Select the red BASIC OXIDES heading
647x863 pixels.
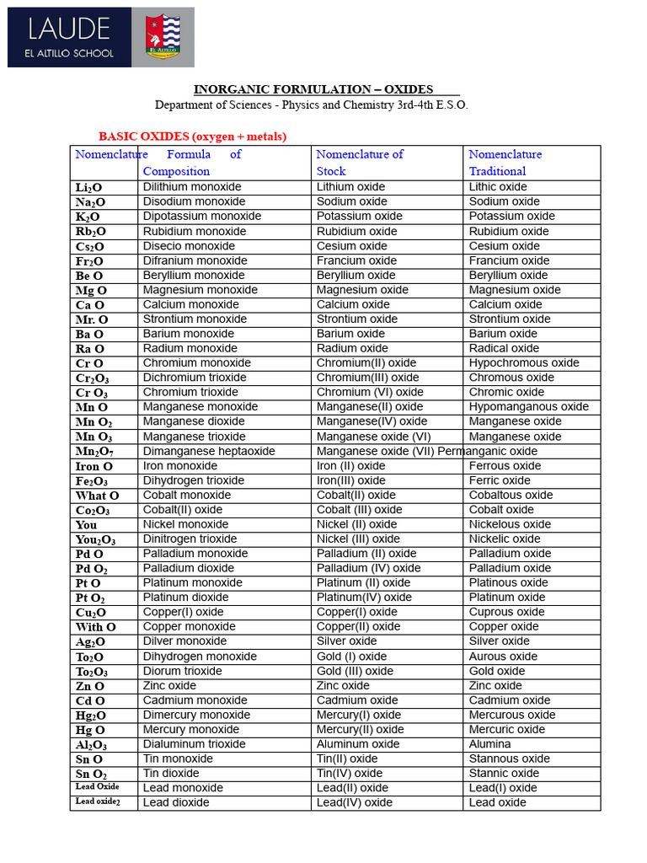point(193,136)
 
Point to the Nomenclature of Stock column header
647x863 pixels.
point(360,163)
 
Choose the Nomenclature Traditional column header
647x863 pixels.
point(505,163)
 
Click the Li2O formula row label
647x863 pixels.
point(90,188)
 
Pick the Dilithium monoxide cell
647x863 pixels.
point(192,187)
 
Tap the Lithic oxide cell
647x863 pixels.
point(498,187)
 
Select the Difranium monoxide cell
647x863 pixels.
point(195,260)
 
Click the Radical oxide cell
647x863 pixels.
point(504,348)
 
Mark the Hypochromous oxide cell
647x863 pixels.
point(524,363)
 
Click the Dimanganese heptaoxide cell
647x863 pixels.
point(209,451)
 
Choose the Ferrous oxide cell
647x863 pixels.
point(505,466)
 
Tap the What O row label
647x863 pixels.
point(97,496)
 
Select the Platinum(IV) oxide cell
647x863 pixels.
point(364,598)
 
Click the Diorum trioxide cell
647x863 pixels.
point(183,671)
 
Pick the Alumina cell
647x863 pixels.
point(489,744)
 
